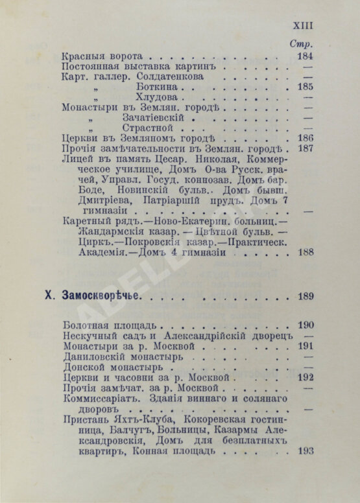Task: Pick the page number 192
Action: (x=306, y=377)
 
